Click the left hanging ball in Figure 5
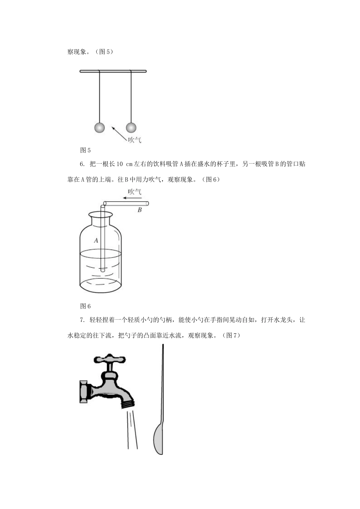click(99, 128)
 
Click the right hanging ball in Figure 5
click(131, 127)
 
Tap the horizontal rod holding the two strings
click(113, 71)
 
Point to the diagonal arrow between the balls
click(119, 134)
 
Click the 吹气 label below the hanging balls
click(135, 140)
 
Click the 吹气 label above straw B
click(135, 192)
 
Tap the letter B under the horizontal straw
click(139, 210)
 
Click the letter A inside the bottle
click(96, 240)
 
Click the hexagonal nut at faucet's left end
click(83, 391)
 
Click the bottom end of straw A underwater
click(103, 269)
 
